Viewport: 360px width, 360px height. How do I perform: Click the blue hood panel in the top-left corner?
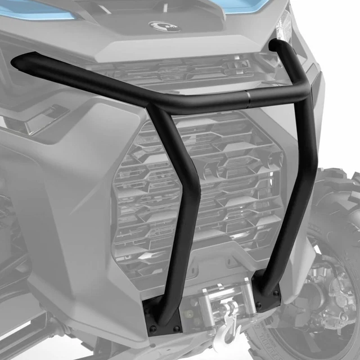34,7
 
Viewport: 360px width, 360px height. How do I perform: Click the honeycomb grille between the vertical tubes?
236,186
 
